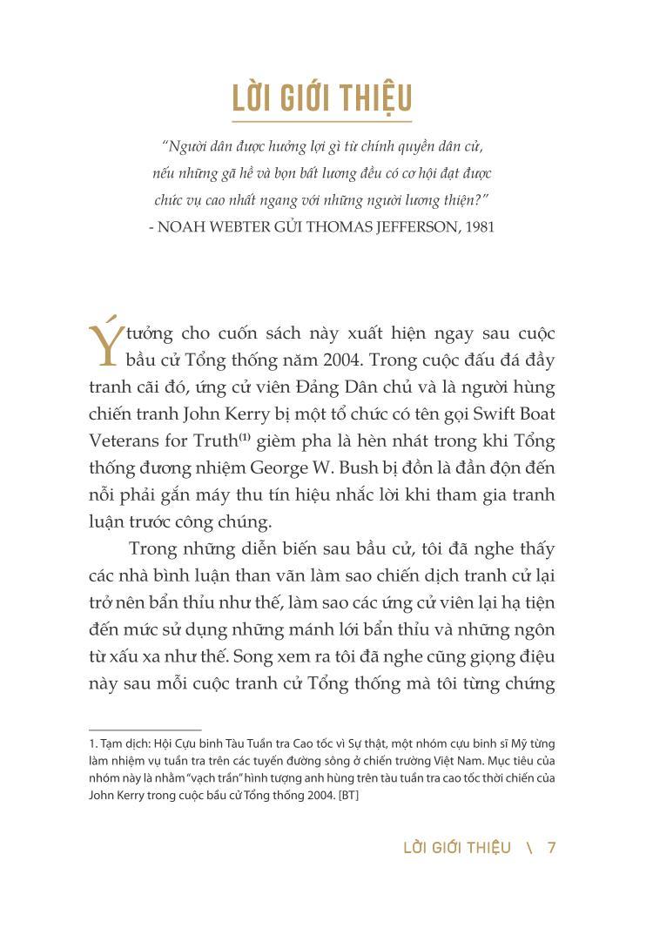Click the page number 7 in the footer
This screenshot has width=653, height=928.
click(551, 847)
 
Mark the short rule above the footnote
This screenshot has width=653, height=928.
click(145, 730)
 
